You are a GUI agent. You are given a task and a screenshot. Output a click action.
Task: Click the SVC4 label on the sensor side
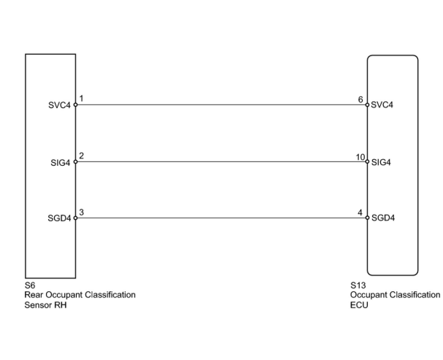point(59,105)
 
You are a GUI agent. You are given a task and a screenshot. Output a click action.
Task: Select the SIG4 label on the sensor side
point(60,162)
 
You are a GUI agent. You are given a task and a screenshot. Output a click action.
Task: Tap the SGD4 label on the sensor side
point(59,218)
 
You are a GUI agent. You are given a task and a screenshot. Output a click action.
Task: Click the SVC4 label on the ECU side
point(382,105)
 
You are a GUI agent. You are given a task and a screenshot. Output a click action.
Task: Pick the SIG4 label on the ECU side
point(381,162)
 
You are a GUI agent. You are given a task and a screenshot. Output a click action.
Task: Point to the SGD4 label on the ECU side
point(383,218)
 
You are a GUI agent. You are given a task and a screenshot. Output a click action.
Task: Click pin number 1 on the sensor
point(81,99)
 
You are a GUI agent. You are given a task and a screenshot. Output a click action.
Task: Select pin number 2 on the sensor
point(81,156)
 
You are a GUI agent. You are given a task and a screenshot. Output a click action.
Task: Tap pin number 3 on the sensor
point(81,212)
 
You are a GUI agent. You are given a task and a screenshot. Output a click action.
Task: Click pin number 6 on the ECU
point(360,99)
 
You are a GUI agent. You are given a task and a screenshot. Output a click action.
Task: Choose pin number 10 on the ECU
point(360,157)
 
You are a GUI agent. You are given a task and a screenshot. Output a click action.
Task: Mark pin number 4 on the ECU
point(360,212)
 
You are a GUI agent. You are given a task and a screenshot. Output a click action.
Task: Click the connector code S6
point(30,285)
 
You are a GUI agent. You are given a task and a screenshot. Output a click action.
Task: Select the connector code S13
point(358,285)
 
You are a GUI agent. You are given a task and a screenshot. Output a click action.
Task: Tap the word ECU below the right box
point(359,305)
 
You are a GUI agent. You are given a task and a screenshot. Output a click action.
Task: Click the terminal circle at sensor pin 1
point(76,105)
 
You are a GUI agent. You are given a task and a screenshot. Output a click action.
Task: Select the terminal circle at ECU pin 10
point(367,162)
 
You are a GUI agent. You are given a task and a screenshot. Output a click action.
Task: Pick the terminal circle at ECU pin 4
point(367,218)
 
